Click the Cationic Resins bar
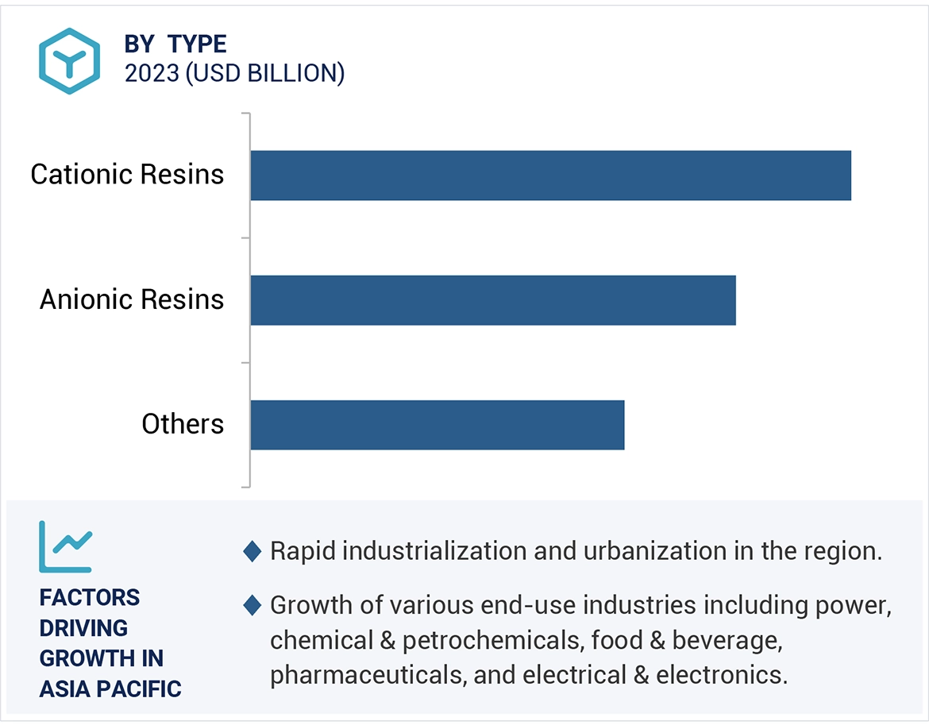coord(550,175)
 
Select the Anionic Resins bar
coord(493,300)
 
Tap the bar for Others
coord(438,425)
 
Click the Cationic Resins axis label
coord(127,175)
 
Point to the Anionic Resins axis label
coord(132,299)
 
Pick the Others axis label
coord(183,424)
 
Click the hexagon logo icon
coord(70,61)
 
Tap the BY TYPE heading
coord(175,44)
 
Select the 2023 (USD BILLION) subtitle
coord(234,73)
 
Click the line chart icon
coord(65,546)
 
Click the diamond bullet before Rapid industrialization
coord(252,551)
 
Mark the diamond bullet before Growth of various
coord(252,606)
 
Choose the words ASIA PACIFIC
coord(110,688)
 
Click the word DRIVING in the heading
coord(83,627)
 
